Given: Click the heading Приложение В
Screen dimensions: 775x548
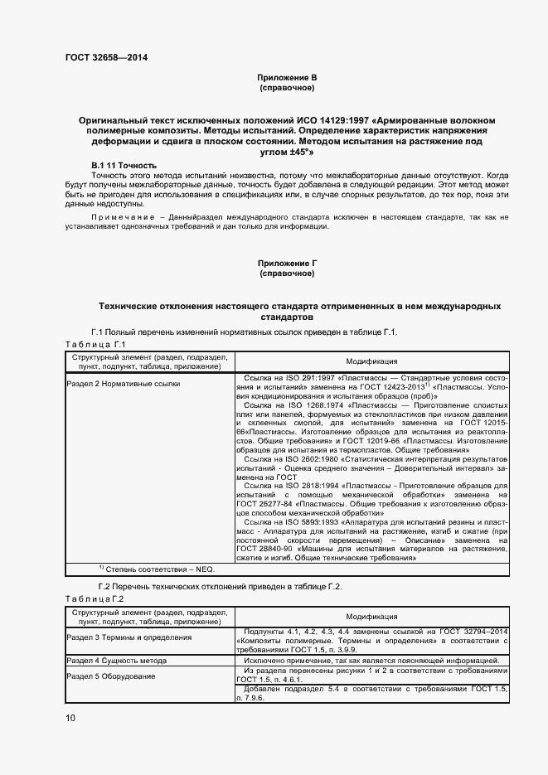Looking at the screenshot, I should [287, 77].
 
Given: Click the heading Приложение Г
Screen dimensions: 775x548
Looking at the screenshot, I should [287, 264].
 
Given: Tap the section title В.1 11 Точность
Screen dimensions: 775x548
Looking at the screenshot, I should [124, 166].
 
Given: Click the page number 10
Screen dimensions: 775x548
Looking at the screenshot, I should [70, 717].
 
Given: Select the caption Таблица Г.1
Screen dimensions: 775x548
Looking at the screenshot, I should [95, 343].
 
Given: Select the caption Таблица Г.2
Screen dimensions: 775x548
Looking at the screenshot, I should [95, 598].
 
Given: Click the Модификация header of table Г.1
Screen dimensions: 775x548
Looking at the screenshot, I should [371, 361].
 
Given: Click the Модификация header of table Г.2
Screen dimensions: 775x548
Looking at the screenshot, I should [371, 617].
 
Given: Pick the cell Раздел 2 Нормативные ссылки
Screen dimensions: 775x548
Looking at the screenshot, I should [123, 384].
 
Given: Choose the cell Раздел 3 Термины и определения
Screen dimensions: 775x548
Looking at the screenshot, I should [129, 637].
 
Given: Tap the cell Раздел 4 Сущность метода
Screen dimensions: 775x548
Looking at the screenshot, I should [116, 661].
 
